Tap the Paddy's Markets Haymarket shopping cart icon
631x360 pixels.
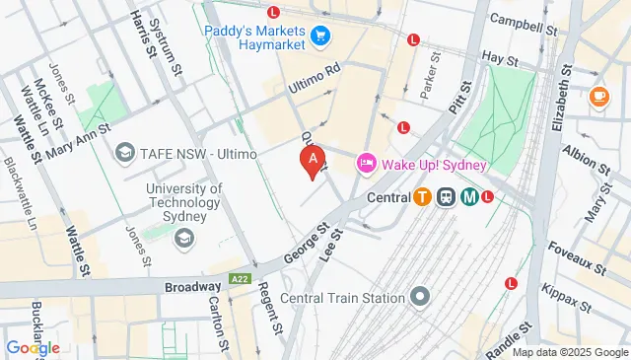click(319, 36)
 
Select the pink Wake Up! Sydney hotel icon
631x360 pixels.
click(366, 161)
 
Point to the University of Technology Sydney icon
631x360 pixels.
click(183, 238)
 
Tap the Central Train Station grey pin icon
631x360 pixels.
click(421, 297)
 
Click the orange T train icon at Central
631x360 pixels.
click(422, 196)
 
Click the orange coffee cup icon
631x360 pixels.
click(598, 96)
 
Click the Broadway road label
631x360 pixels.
click(192, 286)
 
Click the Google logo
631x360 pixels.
click(33, 347)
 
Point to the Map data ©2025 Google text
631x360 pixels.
click(569, 352)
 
